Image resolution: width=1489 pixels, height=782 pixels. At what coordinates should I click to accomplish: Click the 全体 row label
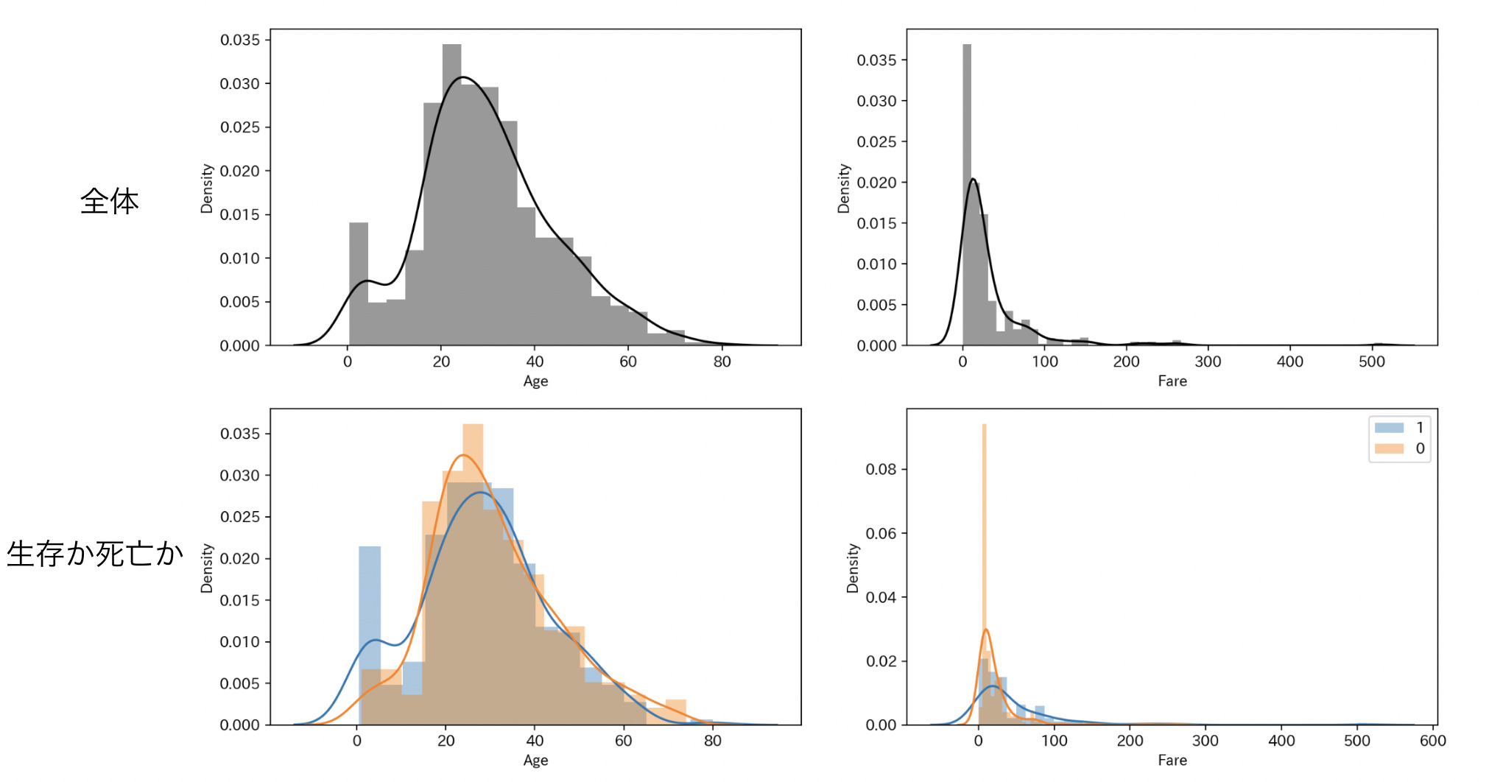(109, 201)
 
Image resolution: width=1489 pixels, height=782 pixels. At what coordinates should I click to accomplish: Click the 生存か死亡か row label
(95, 554)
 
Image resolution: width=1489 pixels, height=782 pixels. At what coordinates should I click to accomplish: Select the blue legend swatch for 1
(1389, 428)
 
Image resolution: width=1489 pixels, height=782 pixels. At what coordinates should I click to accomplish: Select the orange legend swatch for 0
(1389, 448)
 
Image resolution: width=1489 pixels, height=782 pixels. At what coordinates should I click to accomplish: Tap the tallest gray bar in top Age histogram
(451, 191)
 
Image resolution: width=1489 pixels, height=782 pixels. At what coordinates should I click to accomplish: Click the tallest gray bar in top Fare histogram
(967, 191)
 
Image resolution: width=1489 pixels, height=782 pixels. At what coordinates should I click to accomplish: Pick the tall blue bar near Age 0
(370, 633)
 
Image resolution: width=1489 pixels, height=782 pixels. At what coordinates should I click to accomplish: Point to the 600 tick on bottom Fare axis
(1432, 741)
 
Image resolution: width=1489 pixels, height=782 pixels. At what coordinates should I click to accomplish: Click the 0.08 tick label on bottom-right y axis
(881, 469)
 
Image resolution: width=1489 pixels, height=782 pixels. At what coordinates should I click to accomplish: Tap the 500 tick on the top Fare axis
(1371, 362)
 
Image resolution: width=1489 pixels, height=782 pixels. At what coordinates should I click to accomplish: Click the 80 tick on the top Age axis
(722, 362)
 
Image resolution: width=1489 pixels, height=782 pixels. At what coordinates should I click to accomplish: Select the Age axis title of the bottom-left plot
(535, 760)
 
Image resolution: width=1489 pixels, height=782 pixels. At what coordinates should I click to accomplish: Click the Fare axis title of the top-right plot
(1172, 381)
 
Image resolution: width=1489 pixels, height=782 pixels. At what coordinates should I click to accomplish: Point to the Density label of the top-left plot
(207, 189)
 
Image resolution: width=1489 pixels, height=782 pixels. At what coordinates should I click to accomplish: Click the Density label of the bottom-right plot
(853, 568)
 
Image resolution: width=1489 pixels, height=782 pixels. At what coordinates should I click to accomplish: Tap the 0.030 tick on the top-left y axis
(240, 84)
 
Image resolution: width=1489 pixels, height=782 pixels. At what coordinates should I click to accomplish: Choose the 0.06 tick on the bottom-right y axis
(881, 533)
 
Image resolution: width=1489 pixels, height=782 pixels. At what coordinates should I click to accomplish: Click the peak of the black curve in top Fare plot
(973, 179)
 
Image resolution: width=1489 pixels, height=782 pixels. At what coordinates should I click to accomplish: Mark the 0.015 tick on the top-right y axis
(876, 223)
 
